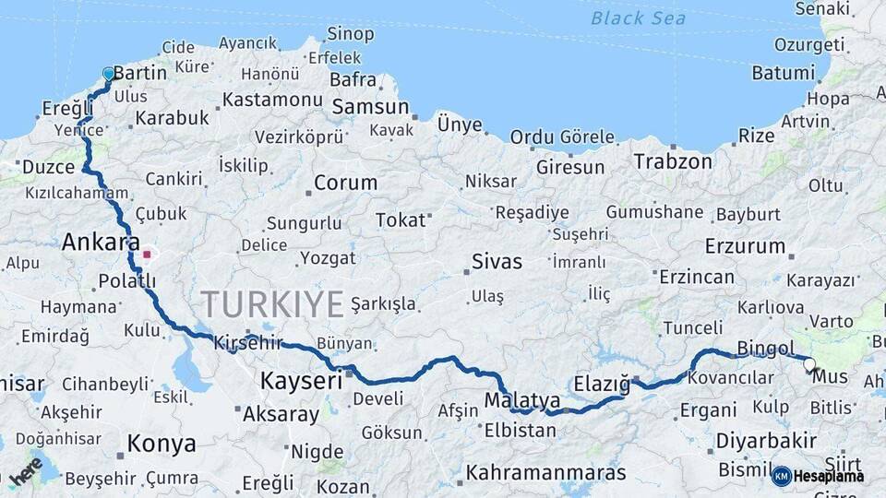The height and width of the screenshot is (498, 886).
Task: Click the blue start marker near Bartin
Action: [x=109, y=74]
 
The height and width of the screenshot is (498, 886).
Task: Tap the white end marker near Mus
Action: [x=810, y=364]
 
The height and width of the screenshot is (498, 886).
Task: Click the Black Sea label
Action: [x=638, y=18]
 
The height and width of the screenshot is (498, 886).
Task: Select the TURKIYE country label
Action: [x=272, y=303]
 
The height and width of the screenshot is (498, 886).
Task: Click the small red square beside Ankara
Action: [x=147, y=253]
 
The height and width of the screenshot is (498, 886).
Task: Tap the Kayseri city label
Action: [x=301, y=380]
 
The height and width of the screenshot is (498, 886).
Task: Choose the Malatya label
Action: [x=522, y=401]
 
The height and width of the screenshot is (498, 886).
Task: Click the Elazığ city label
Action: [x=602, y=382]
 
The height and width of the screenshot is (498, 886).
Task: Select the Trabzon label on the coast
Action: [x=673, y=161]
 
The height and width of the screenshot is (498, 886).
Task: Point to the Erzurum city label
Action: [x=745, y=247]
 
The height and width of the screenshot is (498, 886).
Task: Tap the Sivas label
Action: [x=497, y=261]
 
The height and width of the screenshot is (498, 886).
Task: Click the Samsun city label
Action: [x=369, y=107]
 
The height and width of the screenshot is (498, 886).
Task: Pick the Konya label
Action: [x=162, y=444]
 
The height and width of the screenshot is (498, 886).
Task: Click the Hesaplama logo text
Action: [x=829, y=476]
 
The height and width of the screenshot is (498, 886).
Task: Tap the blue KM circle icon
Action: [x=782, y=476]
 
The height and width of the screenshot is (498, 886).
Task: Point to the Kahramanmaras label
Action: [x=546, y=473]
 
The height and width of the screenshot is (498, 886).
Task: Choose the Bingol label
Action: [x=765, y=349]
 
